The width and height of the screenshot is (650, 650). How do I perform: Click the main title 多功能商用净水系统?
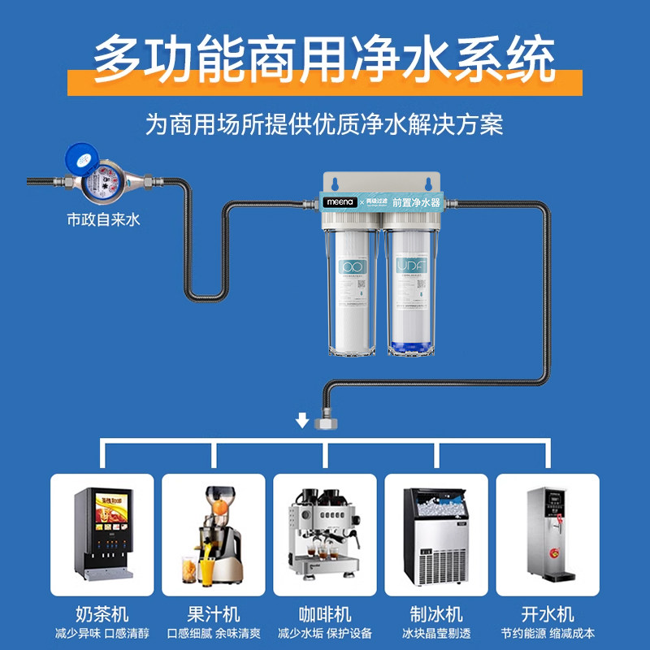point(325,58)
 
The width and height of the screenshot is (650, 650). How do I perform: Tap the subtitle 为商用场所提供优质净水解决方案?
point(325,124)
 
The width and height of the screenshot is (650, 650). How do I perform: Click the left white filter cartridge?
point(352,288)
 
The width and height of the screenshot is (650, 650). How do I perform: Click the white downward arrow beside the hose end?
point(301,419)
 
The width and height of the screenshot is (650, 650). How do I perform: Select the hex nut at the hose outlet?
point(328,422)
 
